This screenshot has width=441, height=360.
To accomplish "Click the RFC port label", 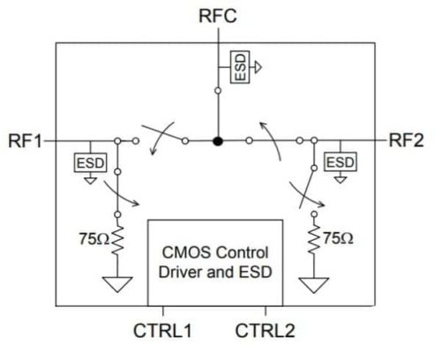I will coord(218,16).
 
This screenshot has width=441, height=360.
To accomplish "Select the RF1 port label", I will coord(25,140).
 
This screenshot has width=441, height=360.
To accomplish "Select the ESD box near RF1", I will coord(89,162).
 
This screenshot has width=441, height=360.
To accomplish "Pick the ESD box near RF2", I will coord(340,162).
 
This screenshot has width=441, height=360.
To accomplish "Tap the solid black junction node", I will coord(218,140).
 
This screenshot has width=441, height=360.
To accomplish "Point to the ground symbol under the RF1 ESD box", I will coord(89,179).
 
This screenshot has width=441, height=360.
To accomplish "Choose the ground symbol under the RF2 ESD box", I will coord(340,179).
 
